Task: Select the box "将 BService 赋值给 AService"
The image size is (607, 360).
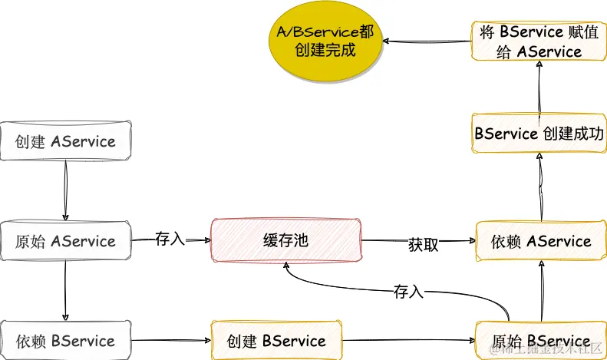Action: [540, 41]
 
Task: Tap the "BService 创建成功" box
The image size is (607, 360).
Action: [540, 133]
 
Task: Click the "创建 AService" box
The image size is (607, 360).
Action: [65, 141]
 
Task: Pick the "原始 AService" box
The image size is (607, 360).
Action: [65, 241]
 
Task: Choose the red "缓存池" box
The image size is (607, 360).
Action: [285, 241]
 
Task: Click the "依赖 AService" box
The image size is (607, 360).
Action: [540, 241]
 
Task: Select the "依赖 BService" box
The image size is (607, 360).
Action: [65, 341]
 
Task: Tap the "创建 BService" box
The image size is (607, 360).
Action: [276, 341]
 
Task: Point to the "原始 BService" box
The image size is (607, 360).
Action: [540, 341]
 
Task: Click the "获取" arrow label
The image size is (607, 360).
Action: [424, 245]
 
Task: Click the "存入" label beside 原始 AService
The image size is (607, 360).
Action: [170, 238]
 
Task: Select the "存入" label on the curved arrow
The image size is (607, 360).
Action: [408, 292]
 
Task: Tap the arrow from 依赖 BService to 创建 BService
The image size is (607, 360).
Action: [170, 341]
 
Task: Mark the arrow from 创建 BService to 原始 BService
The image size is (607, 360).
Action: [408, 341]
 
